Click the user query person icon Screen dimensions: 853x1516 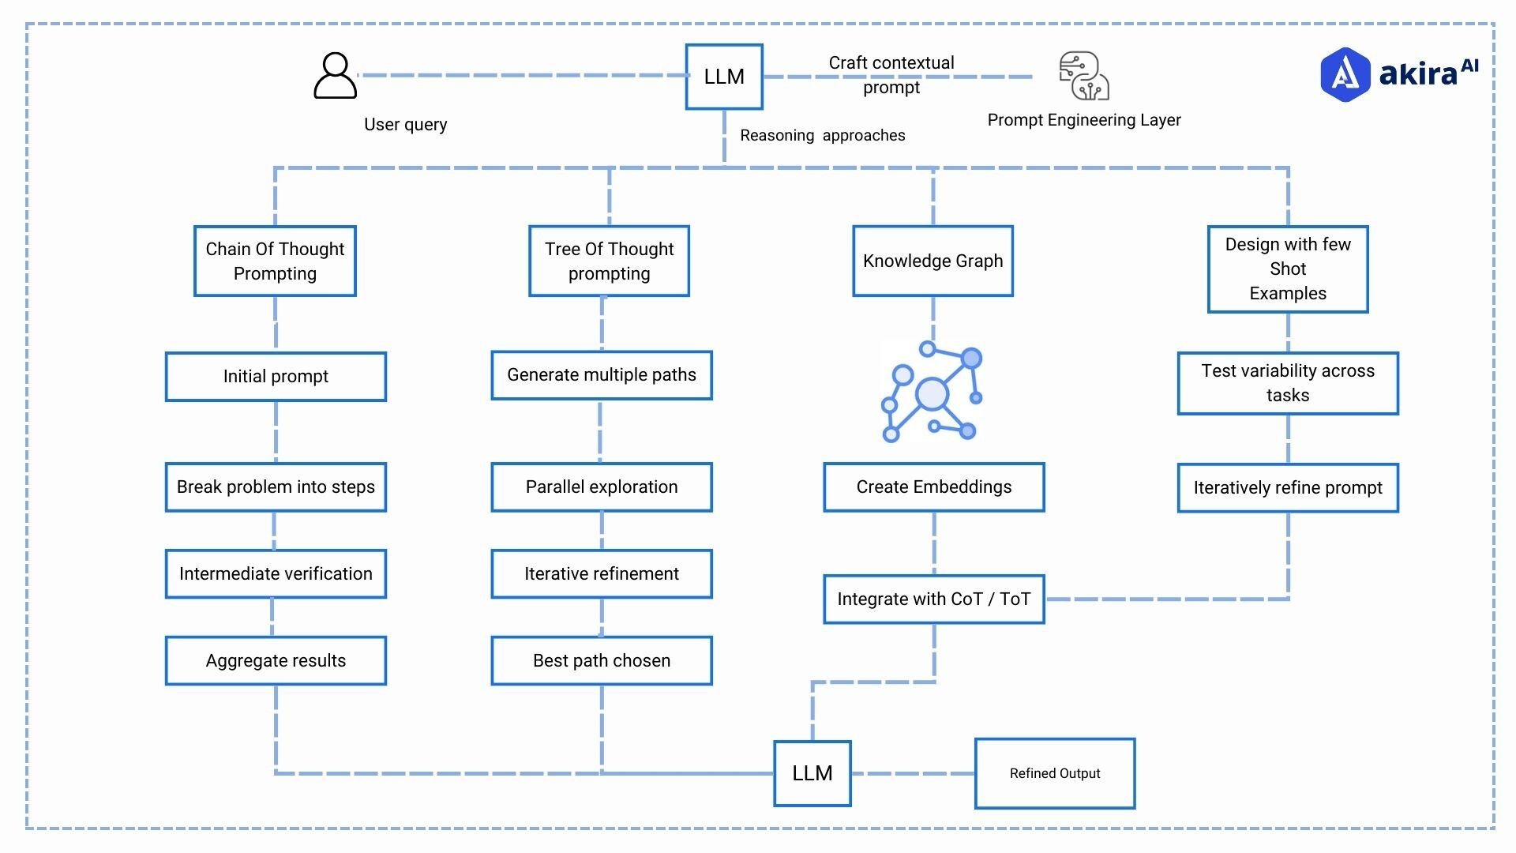coord(336,76)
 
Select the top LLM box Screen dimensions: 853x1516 coord(724,77)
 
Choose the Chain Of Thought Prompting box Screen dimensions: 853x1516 coord(275,261)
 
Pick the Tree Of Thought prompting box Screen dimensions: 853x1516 coord(609,261)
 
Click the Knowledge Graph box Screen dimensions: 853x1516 coord(932,261)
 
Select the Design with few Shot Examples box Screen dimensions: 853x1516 coord(1288,269)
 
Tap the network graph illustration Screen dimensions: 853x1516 coord(932,392)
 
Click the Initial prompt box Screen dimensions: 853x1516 coord(276,377)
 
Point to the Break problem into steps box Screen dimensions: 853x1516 coord(276,487)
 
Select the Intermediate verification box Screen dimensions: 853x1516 coord(276,574)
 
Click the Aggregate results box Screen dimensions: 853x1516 coord(276,661)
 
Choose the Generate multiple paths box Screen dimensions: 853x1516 coord(602,375)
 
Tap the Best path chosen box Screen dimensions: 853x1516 coord(602,661)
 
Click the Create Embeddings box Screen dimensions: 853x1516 coord(934,487)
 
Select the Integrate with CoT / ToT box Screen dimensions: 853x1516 coord(934,599)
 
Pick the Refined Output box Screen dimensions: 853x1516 coord(1055,774)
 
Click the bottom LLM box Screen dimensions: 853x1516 coord(812,774)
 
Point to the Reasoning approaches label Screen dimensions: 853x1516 coord(822,136)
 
